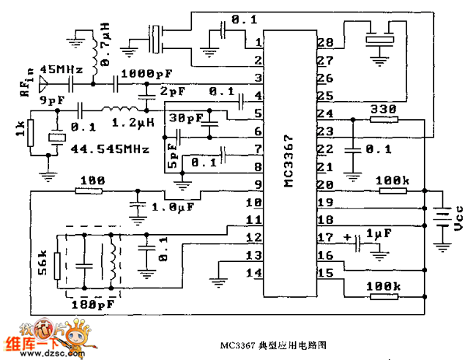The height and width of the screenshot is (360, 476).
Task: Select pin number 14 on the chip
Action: [x=256, y=274]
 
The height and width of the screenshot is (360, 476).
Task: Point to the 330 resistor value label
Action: [x=384, y=108]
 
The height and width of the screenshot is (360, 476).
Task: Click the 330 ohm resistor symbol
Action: [x=383, y=119]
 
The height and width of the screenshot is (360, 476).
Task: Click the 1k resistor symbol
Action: [x=30, y=135]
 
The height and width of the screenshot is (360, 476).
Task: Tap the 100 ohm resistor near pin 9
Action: [x=90, y=191]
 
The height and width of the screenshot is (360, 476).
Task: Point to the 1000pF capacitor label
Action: [x=147, y=74]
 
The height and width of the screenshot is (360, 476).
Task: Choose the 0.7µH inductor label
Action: [x=107, y=52]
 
